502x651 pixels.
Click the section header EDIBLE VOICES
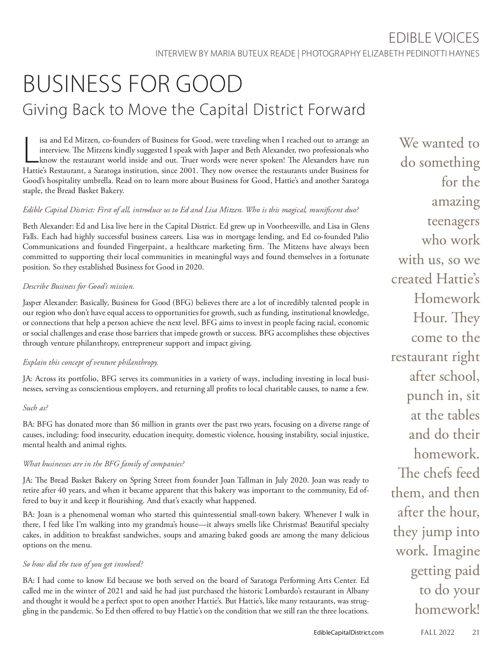[433, 38]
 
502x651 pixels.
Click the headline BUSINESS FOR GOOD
[133, 84]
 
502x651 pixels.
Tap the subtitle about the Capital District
[194, 109]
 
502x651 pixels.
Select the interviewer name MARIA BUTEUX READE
[253, 54]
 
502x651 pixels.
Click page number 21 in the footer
[476, 632]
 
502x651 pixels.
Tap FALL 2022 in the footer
[437, 632]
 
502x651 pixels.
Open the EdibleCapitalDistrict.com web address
[348, 633]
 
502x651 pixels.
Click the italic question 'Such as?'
[36, 407]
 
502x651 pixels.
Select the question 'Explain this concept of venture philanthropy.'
[90, 362]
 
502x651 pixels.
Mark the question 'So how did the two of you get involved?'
[83, 564]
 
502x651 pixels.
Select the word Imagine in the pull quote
[456, 551]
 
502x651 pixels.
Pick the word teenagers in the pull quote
[453, 221]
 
